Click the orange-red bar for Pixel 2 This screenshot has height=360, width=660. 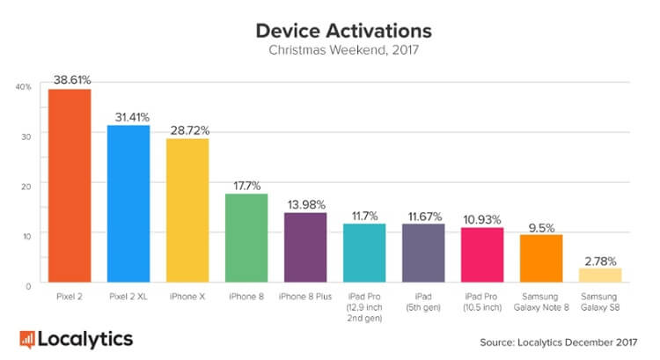click(x=70, y=186)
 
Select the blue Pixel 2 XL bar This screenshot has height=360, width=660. click(x=128, y=203)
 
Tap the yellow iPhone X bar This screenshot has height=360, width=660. click(x=187, y=210)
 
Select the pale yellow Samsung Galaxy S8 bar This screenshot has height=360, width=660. click(x=600, y=275)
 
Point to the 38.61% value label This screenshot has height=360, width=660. click(x=70, y=78)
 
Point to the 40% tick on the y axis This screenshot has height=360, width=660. click(x=24, y=87)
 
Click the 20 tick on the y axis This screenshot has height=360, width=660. click(x=26, y=186)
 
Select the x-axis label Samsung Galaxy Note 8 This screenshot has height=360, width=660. click(x=541, y=303)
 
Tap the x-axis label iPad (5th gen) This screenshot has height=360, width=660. click(x=423, y=303)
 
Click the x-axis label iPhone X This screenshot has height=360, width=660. click(x=187, y=298)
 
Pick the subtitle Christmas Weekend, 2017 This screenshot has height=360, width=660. click(x=343, y=51)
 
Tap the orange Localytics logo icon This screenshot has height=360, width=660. click(x=28, y=338)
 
